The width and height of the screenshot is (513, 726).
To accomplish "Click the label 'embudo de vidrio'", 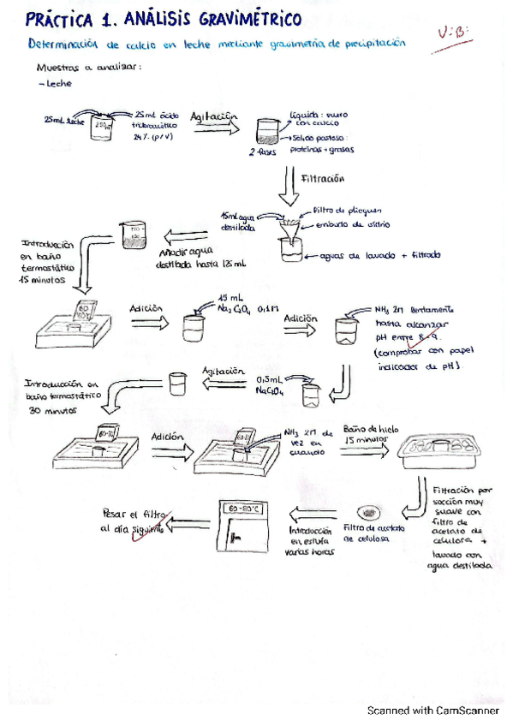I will [x=352, y=223].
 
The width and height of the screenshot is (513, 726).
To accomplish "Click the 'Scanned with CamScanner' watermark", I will [x=432, y=710].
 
